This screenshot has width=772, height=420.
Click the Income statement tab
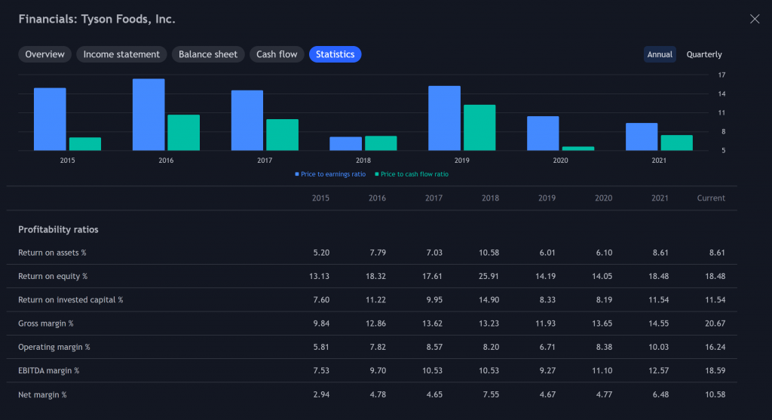(x=121, y=54)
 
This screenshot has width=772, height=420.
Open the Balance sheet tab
(x=208, y=54)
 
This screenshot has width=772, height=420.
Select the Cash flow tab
(x=277, y=54)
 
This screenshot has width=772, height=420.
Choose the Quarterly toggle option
(x=704, y=54)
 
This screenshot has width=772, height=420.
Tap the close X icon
(x=754, y=19)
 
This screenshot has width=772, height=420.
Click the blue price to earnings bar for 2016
(x=149, y=115)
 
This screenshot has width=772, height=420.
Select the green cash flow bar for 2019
(x=479, y=127)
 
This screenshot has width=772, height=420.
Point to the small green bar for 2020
(x=578, y=149)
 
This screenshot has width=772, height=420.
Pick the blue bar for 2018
(x=345, y=144)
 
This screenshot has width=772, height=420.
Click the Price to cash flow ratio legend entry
(x=412, y=174)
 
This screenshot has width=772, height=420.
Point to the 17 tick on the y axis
(x=721, y=75)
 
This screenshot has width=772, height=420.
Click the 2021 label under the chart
(x=659, y=160)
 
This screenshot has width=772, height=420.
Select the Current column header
(x=711, y=198)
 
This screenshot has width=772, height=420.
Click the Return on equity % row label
(x=53, y=276)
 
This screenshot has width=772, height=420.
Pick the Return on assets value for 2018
(x=489, y=253)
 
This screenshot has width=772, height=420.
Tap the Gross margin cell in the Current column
(x=715, y=323)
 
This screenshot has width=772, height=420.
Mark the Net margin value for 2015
(x=321, y=394)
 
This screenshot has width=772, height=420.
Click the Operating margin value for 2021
(x=658, y=347)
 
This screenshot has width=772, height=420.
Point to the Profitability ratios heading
(x=58, y=229)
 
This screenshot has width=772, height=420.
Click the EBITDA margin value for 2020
(x=602, y=371)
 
